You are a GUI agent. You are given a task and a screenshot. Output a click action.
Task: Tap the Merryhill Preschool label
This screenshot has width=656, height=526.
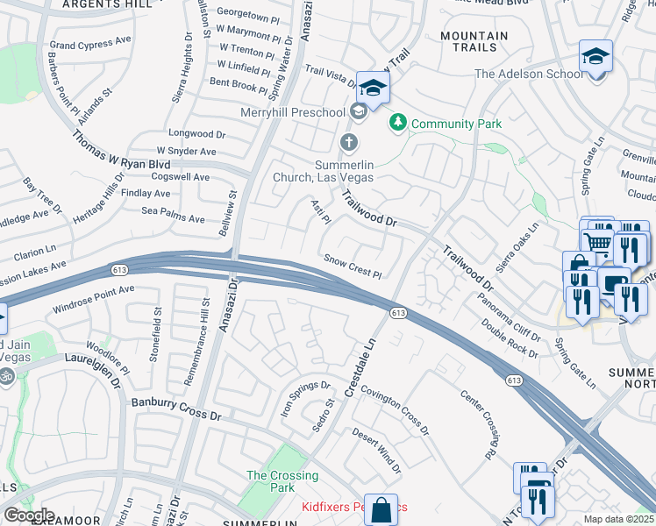tap(293, 112)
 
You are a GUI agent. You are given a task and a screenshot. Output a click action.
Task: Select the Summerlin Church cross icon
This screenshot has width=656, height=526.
tap(348, 141)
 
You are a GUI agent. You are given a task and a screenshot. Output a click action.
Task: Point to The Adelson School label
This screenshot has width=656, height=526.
tap(529, 74)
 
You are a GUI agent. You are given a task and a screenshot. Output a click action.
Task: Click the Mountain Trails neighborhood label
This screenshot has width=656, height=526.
tap(474, 41)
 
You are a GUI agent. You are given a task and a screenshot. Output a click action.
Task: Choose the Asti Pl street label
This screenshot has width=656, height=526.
tap(319, 210)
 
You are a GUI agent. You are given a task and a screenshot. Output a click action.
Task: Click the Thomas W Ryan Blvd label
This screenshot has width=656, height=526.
tap(120, 151)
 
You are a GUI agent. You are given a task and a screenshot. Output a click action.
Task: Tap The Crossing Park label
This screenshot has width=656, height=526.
tap(282, 481)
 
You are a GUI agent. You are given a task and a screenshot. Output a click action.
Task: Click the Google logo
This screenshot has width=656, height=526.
tap(29, 515)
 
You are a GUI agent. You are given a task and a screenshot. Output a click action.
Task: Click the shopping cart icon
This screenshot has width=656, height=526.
tap(598, 241)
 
